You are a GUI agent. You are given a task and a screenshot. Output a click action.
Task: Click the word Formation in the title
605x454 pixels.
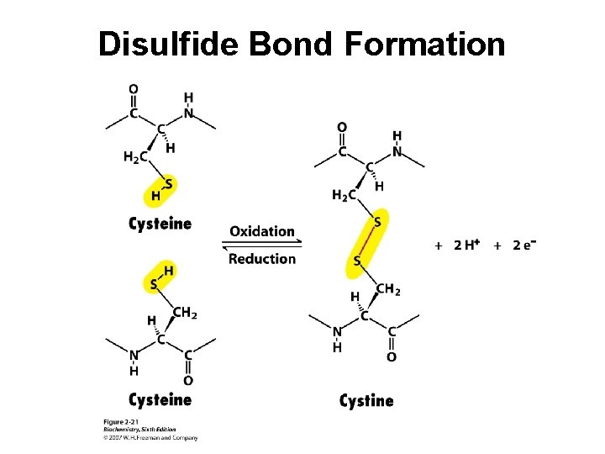click(425, 44)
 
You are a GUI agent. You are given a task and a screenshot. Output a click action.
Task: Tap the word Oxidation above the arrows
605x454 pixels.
click(262, 231)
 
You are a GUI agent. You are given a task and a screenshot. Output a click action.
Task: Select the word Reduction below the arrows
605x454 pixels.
click(262, 258)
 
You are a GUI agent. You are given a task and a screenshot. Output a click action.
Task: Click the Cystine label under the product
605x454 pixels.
click(366, 400)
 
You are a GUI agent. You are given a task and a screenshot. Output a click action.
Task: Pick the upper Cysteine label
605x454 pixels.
click(160, 224)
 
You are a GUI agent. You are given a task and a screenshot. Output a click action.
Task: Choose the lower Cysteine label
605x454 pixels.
click(160, 399)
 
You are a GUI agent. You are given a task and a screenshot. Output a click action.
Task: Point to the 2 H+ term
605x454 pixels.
click(466, 245)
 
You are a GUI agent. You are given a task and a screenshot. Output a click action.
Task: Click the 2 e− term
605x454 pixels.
click(524, 245)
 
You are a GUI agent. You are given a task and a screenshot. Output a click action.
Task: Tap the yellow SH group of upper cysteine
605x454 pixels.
click(161, 190)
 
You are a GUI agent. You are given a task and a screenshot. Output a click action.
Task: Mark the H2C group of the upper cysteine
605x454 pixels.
click(135, 156)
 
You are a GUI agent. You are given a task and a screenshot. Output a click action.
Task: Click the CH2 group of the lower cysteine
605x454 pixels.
click(185, 314)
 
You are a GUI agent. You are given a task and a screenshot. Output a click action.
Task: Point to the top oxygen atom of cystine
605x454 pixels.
click(341, 128)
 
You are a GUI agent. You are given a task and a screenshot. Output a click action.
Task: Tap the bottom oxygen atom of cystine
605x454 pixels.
click(392, 357)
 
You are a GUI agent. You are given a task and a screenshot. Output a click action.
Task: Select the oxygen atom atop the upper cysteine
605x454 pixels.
click(134, 88)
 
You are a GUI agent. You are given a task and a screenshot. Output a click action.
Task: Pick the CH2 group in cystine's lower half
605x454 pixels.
click(388, 289)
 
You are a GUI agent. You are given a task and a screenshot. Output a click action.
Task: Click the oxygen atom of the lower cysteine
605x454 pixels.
click(187, 381)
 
